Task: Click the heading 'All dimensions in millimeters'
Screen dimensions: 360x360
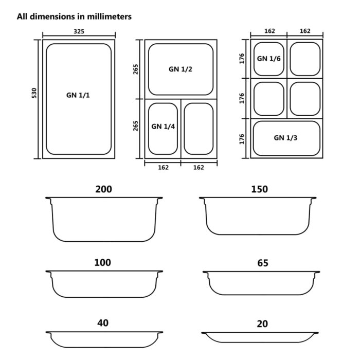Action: [74, 16]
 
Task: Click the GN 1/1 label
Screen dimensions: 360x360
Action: [81, 95]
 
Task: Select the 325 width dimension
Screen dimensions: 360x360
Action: [79, 31]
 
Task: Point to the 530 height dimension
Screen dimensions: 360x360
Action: [34, 93]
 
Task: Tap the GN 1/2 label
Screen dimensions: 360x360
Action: [180, 69]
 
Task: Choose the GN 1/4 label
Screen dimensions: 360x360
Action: [164, 126]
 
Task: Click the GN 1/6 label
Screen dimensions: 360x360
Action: [268, 59]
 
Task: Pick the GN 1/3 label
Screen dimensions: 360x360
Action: [286, 138]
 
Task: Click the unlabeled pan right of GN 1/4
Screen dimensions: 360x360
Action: [199, 129]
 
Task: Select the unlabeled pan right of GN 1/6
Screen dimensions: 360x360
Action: [305, 59]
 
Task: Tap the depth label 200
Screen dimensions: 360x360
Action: [103, 189]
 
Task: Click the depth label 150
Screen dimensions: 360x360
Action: [259, 189]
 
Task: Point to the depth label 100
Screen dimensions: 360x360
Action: [102, 263]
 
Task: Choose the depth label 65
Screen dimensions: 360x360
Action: [262, 263]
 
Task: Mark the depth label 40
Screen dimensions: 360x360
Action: [103, 323]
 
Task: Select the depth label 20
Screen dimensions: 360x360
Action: [262, 324]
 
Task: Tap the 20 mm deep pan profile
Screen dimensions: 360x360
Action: [259, 336]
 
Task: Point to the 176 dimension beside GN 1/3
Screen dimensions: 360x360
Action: [242, 138]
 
